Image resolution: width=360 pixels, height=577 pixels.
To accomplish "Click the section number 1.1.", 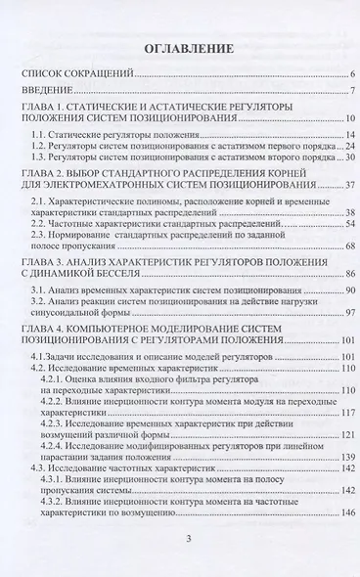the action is (38, 132).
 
